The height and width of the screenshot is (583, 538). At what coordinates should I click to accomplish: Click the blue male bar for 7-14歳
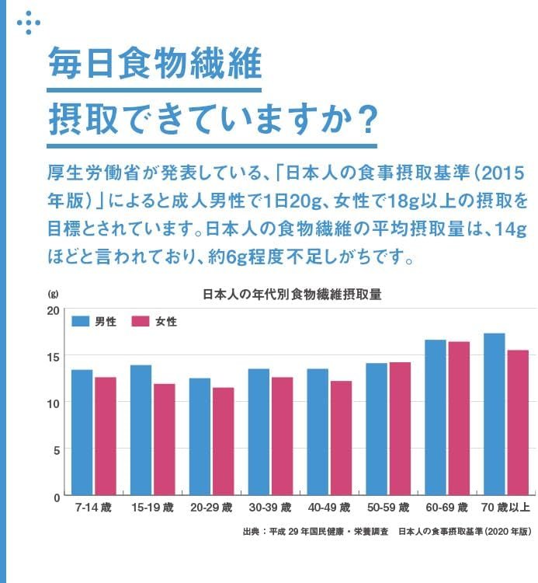pos(82,432)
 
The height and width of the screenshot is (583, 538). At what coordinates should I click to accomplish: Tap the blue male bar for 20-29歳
pos(200,436)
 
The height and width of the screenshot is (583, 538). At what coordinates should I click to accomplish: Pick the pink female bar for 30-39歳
pos(282,436)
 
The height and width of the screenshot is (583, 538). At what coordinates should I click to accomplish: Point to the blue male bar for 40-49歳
pos(318,432)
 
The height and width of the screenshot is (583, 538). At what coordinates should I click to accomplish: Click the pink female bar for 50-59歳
pos(400,428)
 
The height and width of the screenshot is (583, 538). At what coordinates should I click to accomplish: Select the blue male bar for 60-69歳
pos(436,417)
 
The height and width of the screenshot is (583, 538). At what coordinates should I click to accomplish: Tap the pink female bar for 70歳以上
pos(518,423)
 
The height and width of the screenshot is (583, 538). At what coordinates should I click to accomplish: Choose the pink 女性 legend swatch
pos(141,321)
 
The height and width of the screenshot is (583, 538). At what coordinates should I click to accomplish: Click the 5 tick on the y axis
pos(57,449)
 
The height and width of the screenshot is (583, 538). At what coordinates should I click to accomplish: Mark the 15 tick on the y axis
pos(53,357)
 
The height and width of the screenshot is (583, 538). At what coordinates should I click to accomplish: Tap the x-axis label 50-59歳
pos(388,508)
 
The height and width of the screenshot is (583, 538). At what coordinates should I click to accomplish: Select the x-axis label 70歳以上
pos(505,508)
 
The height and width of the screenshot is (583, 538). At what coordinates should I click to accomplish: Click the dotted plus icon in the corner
pos(29,23)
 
